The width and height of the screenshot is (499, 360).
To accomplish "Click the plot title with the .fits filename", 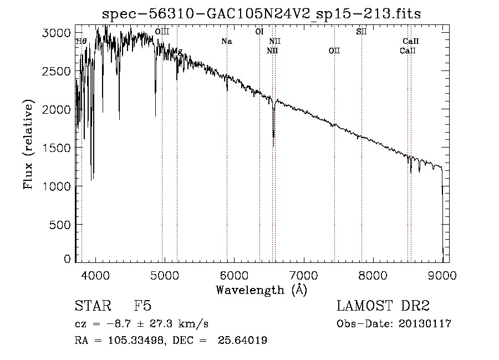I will [x=262, y=14].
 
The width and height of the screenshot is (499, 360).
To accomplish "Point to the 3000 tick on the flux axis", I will [x=57, y=33].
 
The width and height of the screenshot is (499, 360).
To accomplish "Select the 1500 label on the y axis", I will [x=57, y=148].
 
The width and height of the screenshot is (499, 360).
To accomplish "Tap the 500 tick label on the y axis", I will [x=60, y=225].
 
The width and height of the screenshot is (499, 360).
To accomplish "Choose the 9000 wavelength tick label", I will [x=442, y=275].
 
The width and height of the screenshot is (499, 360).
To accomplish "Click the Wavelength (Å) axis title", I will [x=261, y=290].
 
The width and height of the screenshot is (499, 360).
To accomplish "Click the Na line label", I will [x=226, y=42].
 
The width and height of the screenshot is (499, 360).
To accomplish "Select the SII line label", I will [x=361, y=32].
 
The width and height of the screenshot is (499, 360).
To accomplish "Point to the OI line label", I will [x=259, y=32].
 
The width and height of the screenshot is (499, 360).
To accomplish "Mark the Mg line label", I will [x=177, y=51].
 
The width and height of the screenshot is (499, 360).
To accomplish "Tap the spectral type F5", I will [x=142, y=306].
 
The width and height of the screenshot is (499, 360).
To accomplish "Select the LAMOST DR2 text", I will [x=383, y=306].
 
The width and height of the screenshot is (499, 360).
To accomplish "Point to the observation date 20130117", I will [x=425, y=324].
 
